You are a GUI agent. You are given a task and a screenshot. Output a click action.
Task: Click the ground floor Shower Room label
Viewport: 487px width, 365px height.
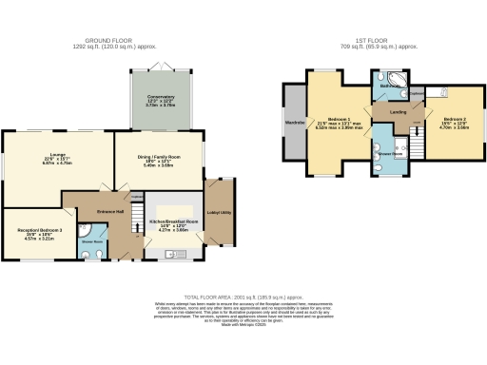(92, 240)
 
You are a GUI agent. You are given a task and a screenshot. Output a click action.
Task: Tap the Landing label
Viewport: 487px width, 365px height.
(399, 113)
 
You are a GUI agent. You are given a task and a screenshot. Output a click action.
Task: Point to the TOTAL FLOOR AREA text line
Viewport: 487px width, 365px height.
(243, 297)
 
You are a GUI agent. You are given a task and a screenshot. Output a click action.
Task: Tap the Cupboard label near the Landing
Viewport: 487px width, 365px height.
(418, 93)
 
